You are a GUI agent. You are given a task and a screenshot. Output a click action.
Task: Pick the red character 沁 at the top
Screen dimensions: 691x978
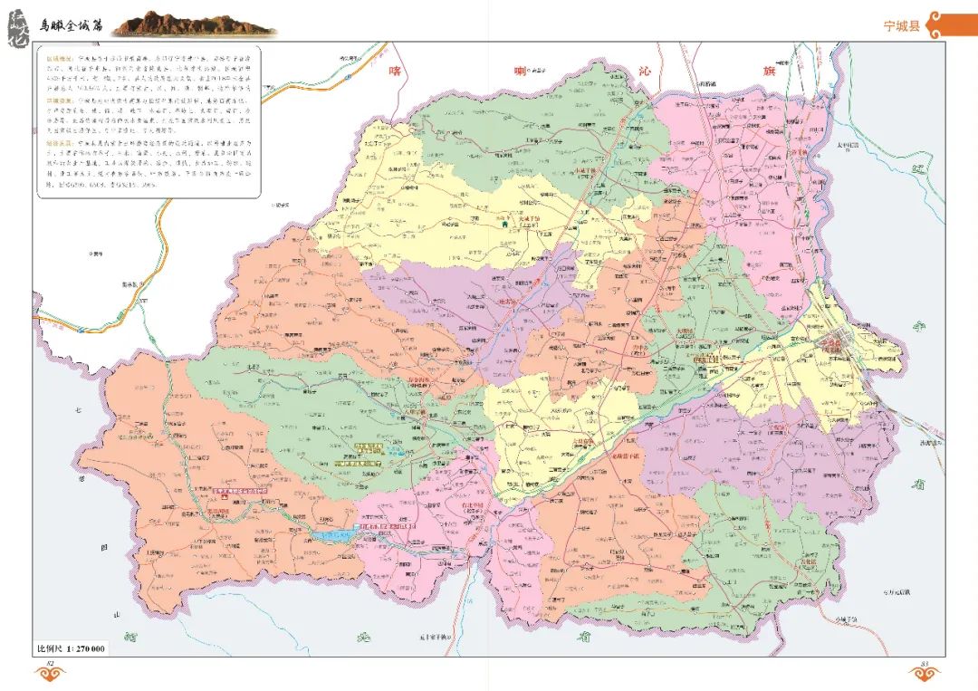[645, 70]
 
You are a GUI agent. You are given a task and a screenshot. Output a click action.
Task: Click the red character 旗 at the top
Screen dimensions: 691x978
[769, 70]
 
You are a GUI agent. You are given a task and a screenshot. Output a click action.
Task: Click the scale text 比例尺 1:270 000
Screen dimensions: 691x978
[70, 648]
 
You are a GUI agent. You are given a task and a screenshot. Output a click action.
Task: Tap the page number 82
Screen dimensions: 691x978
[51, 666]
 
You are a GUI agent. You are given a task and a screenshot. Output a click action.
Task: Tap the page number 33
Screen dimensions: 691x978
[925, 666]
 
